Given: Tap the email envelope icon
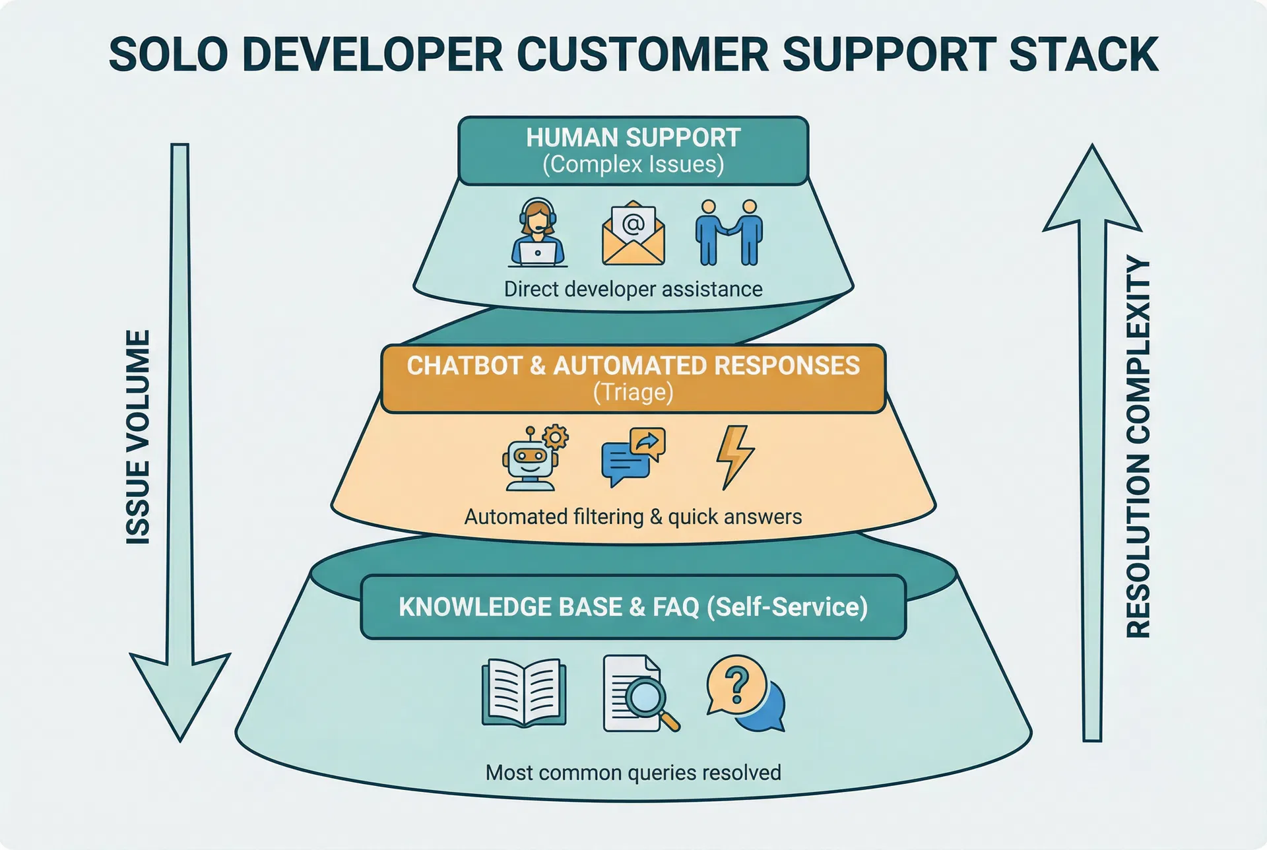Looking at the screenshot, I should [633, 233].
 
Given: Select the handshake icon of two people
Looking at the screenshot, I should [729, 233].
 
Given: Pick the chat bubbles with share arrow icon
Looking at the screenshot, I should [633, 457].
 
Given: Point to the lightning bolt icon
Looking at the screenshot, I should [734, 457].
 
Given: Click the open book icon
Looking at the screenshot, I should [524, 693].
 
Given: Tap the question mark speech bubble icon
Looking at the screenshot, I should [744, 693].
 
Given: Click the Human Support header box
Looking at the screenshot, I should [633, 150].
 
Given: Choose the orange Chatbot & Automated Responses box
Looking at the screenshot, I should [633, 378].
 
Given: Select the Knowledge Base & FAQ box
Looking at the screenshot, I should [633, 607].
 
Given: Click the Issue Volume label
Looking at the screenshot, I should [139, 437].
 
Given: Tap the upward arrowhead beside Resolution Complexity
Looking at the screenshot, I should [1092, 191].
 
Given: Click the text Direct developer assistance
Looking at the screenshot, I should [633, 289].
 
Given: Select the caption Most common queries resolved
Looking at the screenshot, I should [633, 772].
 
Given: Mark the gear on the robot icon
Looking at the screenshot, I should [556, 437].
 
